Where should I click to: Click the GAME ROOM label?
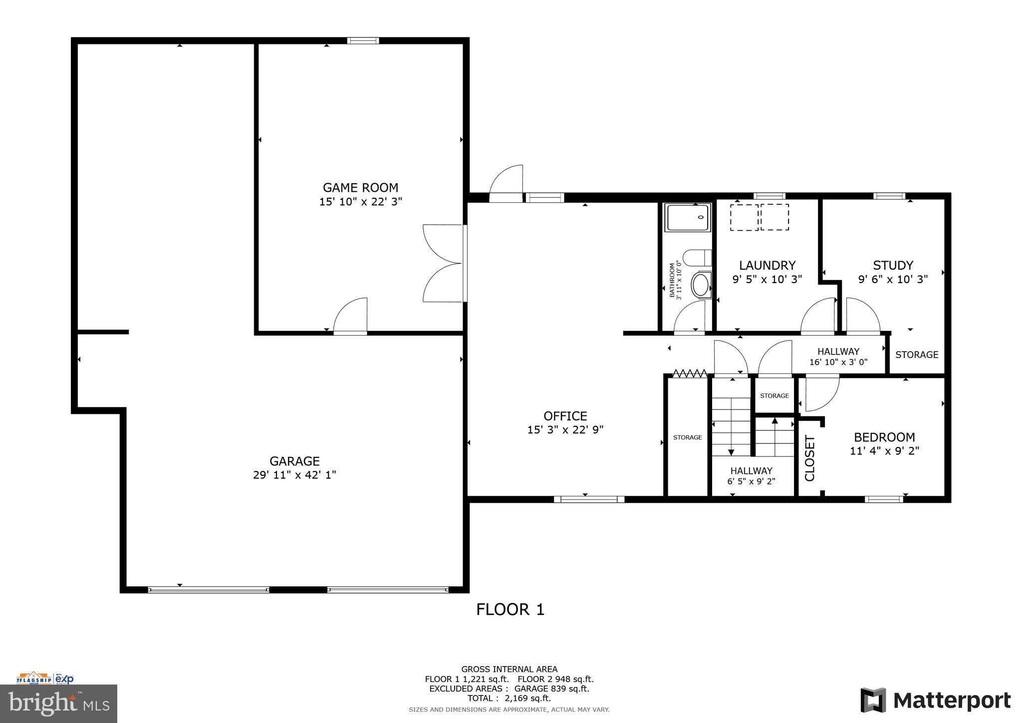pos(360,188)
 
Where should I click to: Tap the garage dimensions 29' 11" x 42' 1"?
pos(294,475)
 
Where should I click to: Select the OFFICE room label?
pos(565,416)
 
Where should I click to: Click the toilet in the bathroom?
pos(697,258)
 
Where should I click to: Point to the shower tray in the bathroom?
pos(688,218)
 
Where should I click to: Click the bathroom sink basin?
pos(701,285)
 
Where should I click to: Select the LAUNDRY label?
pos(767,265)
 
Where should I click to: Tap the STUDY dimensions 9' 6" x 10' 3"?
pos(893,279)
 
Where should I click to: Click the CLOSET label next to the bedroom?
pos(809,458)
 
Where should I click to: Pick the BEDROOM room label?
pos(884,437)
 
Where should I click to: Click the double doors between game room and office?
pos(443,263)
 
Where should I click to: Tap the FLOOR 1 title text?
pos(510,610)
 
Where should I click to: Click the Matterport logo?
pos(935,701)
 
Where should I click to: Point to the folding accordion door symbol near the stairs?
pos(690,373)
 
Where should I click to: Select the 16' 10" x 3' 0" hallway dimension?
pos(838,362)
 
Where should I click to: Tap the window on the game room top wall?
pos(363,41)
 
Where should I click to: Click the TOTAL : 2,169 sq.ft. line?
pos(509,698)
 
